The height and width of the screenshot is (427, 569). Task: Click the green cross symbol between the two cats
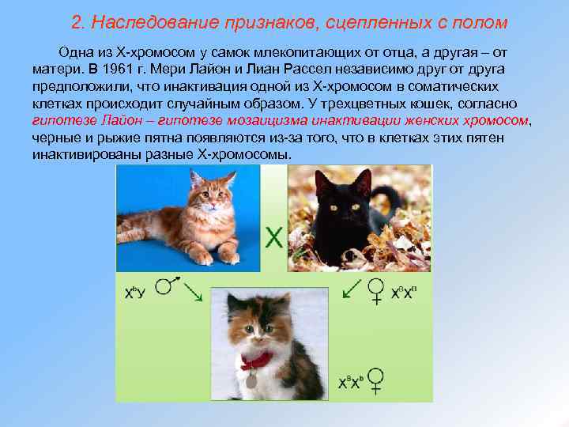pos(274,237)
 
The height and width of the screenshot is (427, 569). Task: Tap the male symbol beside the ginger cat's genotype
pos(165,285)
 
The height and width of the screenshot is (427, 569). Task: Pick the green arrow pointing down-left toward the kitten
pos(350,293)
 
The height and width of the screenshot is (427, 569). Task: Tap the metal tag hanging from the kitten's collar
pos(251,380)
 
